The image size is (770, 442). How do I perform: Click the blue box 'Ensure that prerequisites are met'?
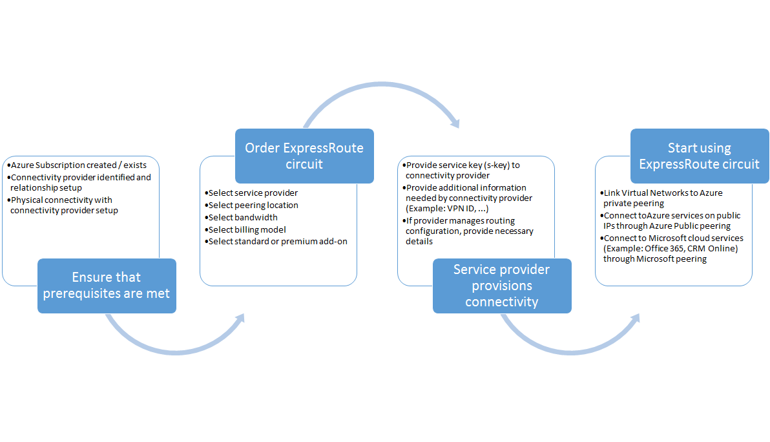107,286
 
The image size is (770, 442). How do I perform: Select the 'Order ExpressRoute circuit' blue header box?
304,156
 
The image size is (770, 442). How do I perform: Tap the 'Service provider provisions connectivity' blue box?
502,286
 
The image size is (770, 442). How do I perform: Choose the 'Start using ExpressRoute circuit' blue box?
700,156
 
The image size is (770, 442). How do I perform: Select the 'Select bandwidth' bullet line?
242,217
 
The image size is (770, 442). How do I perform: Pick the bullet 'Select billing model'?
247,229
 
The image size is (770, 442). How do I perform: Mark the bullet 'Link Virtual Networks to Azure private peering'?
662,198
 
